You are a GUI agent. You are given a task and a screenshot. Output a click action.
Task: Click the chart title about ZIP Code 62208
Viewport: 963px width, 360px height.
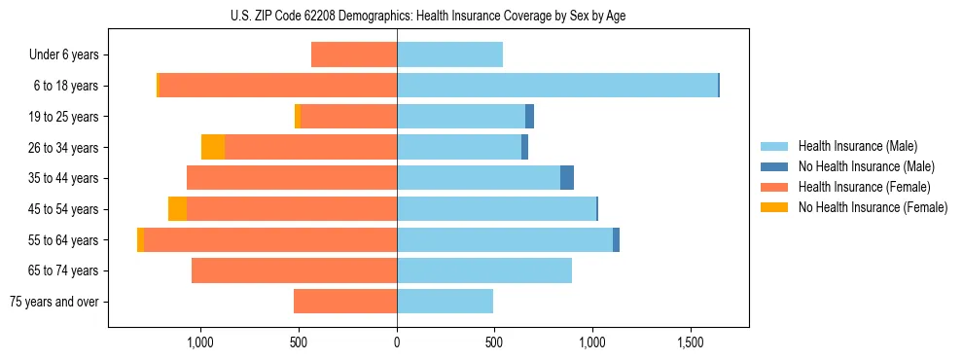(428, 17)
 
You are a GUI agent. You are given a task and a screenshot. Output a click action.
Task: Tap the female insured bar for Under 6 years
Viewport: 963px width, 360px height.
(354, 54)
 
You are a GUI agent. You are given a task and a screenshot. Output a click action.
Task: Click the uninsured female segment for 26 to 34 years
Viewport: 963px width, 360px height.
(213, 147)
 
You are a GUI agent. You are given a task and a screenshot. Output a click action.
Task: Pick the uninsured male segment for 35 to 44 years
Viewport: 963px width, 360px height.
(567, 178)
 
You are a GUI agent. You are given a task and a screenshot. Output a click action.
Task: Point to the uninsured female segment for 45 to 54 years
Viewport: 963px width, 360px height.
(177, 209)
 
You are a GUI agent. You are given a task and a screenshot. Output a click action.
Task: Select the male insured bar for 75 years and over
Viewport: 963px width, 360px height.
(445, 302)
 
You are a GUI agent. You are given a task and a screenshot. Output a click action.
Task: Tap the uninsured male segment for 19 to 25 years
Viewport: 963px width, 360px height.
(530, 117)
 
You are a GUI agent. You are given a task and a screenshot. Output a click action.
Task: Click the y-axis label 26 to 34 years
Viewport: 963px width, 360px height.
(63, 148)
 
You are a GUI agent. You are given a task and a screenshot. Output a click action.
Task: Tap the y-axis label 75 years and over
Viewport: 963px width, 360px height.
(54, 302)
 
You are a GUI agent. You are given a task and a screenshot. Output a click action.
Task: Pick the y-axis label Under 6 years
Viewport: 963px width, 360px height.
(63, 55)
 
